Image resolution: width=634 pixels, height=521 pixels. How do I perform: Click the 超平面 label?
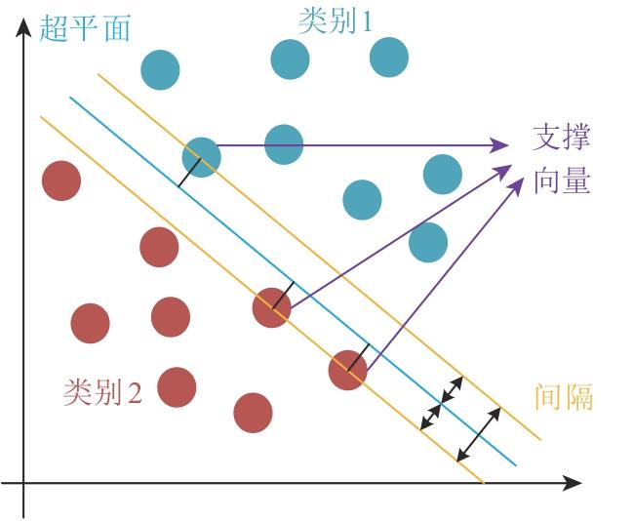point(85,27)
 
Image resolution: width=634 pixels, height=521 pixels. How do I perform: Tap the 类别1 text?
point(336,21)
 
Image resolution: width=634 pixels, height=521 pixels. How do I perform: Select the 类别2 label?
point(102,392)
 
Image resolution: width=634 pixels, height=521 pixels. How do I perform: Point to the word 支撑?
point(562,138)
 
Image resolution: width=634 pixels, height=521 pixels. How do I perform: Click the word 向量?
point(562,180)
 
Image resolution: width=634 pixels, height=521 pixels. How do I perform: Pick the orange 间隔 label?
point(564,396)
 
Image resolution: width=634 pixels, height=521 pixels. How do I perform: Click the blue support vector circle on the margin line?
point(201,157)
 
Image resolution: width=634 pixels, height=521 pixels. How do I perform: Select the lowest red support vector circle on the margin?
point(348,370)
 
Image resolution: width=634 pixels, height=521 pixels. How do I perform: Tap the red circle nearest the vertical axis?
point(61,180)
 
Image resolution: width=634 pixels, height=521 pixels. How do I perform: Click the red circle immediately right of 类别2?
point(177,387)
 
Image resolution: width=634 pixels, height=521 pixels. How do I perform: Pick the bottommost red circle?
point(254,413)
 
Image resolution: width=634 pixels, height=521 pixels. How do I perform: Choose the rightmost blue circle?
point(443,175)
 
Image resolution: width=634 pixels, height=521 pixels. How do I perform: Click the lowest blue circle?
point(428,242)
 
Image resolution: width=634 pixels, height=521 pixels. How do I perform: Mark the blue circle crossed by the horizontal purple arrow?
point(284,144)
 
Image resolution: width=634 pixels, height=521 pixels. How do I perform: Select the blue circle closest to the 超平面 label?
point(160,70)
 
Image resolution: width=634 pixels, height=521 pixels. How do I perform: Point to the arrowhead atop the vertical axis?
point(23,26)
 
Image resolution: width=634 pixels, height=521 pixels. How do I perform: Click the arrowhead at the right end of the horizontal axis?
point(572,483)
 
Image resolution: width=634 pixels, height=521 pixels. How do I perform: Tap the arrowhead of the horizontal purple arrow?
point(499,145)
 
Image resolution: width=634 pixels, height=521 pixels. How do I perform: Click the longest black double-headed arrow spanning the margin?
point(479,434)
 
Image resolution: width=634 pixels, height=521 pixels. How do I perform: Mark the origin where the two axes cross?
point(23,483)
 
